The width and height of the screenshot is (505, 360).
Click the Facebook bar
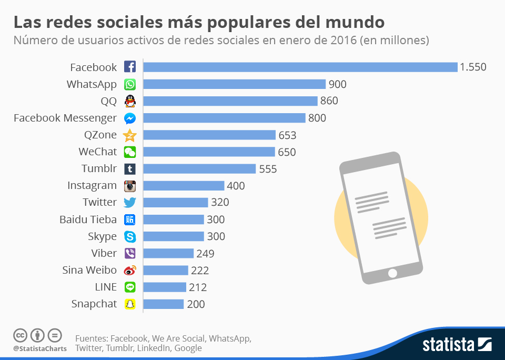(x=300, y=67)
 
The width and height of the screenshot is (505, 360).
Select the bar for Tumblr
(x=199, y=169)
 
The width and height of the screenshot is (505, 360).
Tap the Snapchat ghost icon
(x=130, y=304)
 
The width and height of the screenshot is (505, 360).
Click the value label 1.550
(x=472, y=67)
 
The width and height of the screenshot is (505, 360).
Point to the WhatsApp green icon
(x=130, y=84)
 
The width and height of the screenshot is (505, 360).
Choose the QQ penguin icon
(x=130, y=101)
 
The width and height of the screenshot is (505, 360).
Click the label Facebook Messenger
(x=65, y=118)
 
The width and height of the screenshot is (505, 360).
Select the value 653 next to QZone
(x=287, y=135)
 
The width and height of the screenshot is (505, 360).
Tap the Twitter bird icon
(x=130, y=203)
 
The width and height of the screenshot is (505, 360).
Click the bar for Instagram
(x=184, y=186)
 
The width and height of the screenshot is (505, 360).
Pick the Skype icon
(x=130, y=236)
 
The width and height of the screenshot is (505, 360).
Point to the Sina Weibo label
(x=89, y=270)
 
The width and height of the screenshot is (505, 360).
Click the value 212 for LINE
(x=198, y=287)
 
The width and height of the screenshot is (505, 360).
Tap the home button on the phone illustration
(x=392, y=273)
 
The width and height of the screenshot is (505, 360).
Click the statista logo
(x=457, y=345)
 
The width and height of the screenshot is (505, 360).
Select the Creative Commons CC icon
(x=21, y=335)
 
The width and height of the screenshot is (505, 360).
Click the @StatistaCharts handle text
(x=40, y=348)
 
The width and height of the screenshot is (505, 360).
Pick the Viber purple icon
(x=130, y=253)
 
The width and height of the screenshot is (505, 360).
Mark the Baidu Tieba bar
(x=174, y=219)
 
